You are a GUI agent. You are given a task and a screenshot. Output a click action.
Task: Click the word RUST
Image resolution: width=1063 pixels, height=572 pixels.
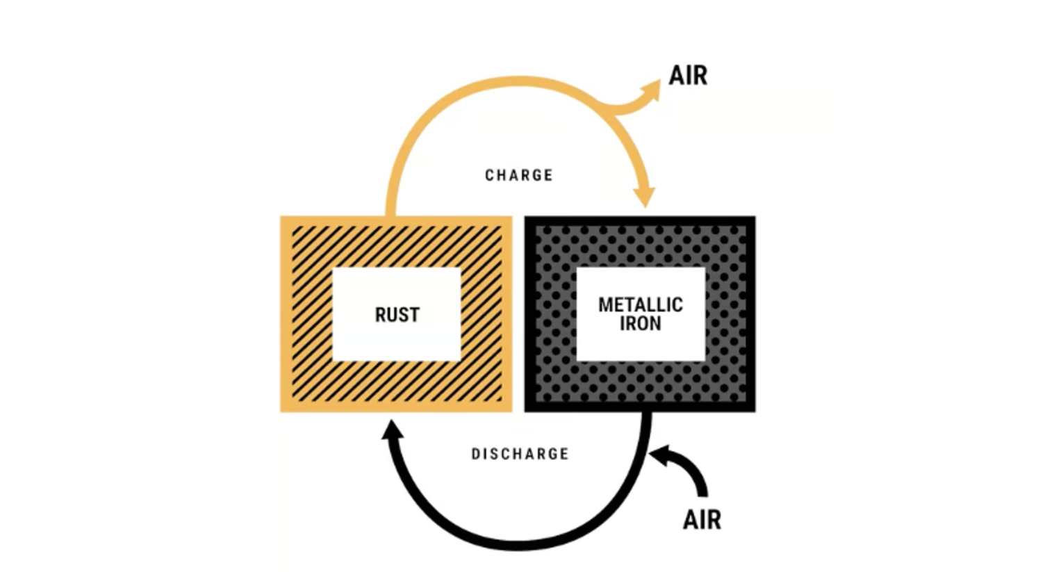tap(397, 315)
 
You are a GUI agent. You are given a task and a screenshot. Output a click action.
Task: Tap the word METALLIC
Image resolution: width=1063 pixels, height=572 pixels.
tap(641, 304)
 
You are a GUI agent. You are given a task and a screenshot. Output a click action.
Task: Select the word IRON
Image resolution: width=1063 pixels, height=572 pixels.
tap(641, 323)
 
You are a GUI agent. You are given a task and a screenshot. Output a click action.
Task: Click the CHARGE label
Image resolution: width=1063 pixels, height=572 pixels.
tap(519, 175)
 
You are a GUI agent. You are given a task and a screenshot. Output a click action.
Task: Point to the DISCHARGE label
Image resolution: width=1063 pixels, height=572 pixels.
tap(520, 454)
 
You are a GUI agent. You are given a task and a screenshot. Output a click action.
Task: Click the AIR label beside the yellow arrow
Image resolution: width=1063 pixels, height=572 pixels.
tap(688, 76)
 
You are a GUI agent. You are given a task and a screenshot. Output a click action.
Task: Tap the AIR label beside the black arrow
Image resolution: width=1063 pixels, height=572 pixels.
tap(702, 520)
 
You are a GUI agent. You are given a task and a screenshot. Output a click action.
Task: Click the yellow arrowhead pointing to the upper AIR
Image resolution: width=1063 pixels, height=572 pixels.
tap(650, 90)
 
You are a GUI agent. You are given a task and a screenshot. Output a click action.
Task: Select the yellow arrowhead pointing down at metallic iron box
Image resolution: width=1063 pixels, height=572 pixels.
tap(645, 197)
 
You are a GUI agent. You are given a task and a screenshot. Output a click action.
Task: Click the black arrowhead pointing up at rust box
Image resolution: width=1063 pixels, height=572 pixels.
tap(393, 430)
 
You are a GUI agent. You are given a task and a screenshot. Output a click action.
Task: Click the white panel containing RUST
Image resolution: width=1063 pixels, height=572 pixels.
tap(397, 314)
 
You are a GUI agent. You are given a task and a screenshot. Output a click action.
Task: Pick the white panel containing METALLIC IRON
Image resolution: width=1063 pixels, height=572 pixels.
tap(641, 314)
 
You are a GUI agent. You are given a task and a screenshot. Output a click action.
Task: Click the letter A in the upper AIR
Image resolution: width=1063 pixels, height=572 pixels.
tap(677, 76)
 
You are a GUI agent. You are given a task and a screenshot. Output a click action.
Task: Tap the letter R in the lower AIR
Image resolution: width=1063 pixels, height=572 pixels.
tap(714, 520)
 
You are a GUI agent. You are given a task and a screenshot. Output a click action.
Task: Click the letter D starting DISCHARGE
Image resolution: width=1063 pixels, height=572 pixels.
tap(475, 454)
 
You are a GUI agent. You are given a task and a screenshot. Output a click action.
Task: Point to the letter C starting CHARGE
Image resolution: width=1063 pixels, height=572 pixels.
tap(489, 175)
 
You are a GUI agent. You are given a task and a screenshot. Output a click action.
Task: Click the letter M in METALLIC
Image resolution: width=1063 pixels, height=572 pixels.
tap(605, 304)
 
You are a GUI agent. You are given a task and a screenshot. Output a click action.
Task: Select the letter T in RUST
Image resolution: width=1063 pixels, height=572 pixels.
tap(414, 315)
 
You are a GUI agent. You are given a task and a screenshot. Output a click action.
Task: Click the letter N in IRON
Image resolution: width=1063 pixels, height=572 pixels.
tap(656, 323)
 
